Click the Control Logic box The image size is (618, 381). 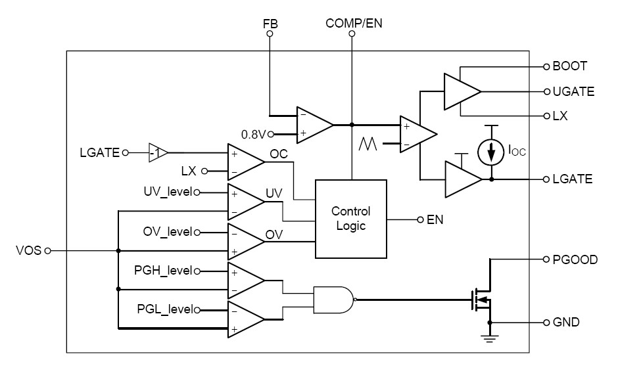coord(350,219)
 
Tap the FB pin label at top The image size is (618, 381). coord(270,24)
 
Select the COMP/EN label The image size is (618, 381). coord(354,24)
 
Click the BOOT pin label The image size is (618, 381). coord(570,66)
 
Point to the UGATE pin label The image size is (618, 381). coord(573,91)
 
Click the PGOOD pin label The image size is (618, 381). coord(575,259)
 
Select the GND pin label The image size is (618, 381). coord(567,323)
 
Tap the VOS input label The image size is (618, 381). coord(28,250)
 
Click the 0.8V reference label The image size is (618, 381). coord(252,135)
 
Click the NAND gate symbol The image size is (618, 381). coord(334,300)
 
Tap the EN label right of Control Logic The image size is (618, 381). coord(435,219)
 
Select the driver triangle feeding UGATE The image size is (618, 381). coord(461,91)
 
